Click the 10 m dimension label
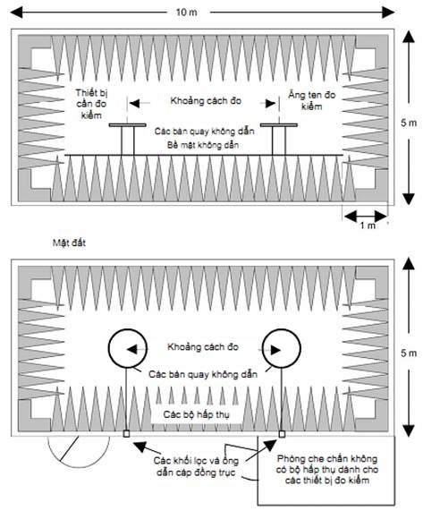point(187,12)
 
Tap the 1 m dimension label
point(368,226)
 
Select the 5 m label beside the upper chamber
point(409,123)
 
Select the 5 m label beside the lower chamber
point(409,353)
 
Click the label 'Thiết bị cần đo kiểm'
point(91,104)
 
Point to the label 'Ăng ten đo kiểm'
point(311,101)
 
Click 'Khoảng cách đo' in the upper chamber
point(206,101)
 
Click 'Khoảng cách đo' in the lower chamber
point(203,347)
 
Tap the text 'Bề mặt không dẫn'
point(203,145)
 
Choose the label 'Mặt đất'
point(69,243)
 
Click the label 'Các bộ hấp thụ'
point(196,414)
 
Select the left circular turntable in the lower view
point(109,348)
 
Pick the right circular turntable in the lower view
point(262,348)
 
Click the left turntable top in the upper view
point(127,124)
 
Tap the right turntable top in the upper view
point(279,124)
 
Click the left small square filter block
point(126,434)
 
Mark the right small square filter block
point(282,434)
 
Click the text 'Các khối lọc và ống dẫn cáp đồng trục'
point(197,466)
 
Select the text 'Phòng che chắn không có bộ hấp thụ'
point(327,464)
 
